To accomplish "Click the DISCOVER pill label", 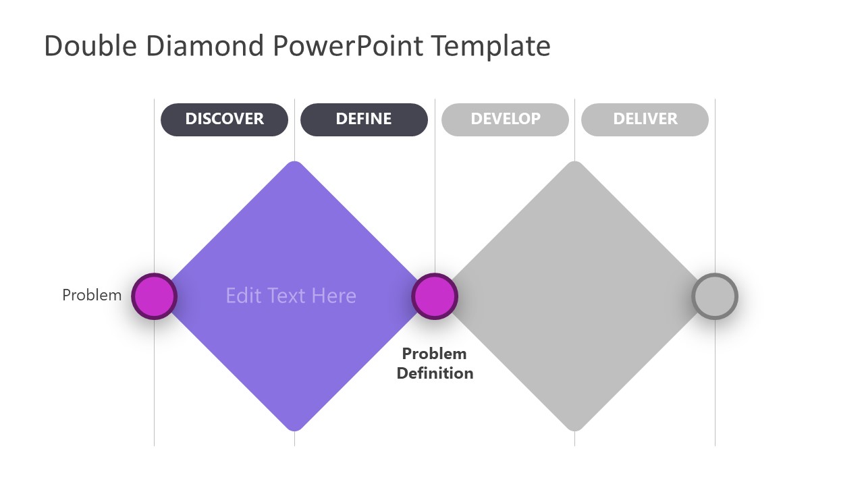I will point(224,119).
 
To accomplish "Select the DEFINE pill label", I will point(364,119).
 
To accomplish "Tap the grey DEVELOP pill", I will point(505,119).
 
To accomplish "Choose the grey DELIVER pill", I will point(645,119).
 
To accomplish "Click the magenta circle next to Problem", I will point(154,296).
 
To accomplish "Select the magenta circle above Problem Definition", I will point(435,296).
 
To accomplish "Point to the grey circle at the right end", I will point(715,296).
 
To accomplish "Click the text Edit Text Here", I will point(291,296).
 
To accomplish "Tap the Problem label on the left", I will point(92,295).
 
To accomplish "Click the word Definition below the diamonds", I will point(435,373).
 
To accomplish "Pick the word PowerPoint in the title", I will point(349,47).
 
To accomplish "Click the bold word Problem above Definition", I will point(434,354).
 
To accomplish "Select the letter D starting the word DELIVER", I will point(618,119).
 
